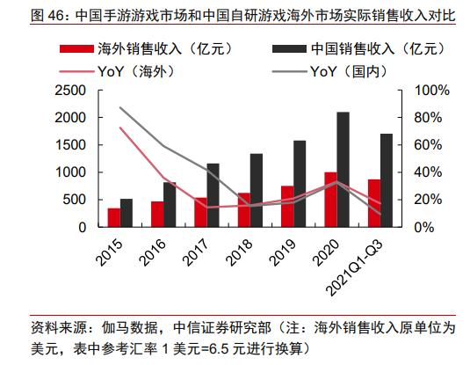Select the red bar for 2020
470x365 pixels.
pyautogui.click(x=330, y=200)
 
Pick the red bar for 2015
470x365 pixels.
pyautogui.click(x=113, y=217)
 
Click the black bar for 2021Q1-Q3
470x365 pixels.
pyautogui.click(x=387, y=180)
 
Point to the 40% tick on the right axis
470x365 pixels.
pyautogui.click(x=428, y=172)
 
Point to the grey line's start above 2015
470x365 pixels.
pyautogui.click(x=120, y=107)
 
